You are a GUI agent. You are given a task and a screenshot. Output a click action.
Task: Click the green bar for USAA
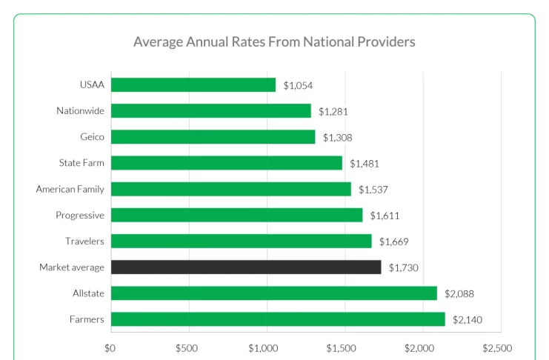[x=193, y=85]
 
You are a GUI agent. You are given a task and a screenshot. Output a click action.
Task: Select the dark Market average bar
[x=246, y=267]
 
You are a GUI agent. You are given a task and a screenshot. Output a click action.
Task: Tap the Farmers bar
[x=278, y=319]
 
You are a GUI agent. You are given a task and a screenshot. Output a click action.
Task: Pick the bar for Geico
[x=213, y=137]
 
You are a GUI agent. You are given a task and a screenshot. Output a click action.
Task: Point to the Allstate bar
[x=274, y=293]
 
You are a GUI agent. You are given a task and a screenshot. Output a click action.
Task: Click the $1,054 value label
[x=298, y=86]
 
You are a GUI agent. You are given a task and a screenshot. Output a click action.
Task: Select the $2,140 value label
[x=468, y=320]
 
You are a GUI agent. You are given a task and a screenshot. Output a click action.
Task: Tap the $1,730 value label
[x=404, y=267]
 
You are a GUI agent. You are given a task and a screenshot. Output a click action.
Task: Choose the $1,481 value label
[x=365, y=164]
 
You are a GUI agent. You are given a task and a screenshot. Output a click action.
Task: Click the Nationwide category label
[x=80, y=111]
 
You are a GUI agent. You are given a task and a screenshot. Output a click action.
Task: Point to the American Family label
[x=70, y=189]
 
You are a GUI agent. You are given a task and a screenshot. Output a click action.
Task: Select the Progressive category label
[x=80, y=216]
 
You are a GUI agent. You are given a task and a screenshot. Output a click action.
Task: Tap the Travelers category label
[x=84, y=241]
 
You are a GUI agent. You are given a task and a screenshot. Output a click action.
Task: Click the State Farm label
[x=81, y=163]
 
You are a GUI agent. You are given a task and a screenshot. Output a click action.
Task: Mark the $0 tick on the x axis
[x=110, y=347]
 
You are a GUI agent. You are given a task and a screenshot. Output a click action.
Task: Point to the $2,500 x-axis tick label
[x=496, y=347]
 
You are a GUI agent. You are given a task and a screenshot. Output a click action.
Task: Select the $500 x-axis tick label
[x=187, y=347]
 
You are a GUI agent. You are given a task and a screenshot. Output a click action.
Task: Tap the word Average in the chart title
[x=158, y=41]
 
